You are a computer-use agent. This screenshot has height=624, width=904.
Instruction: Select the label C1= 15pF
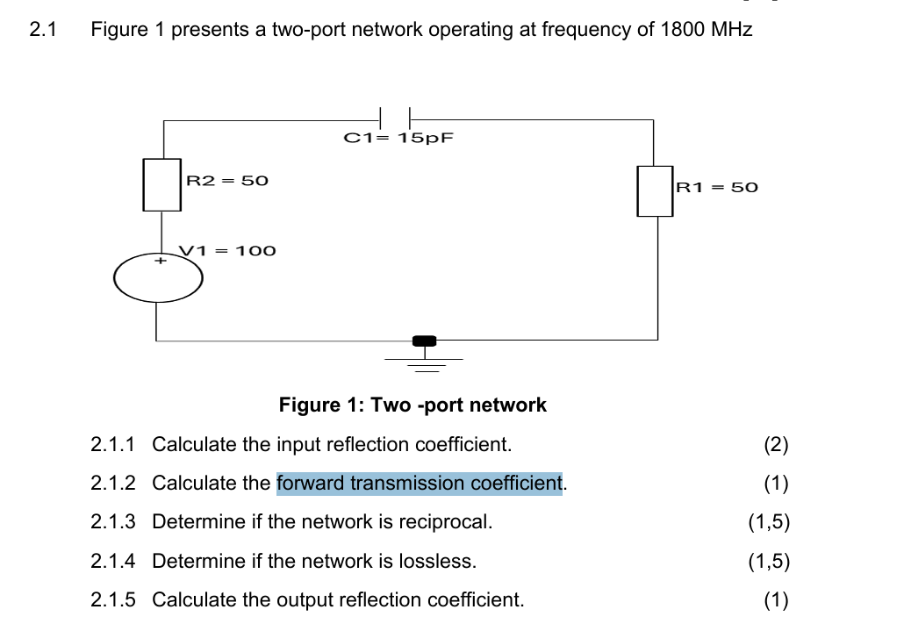point(398,138)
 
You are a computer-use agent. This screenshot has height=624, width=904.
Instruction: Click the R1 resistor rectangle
point(654,191)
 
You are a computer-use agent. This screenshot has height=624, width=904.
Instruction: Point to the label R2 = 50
point(227,180)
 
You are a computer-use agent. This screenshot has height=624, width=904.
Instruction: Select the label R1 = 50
point(716,187)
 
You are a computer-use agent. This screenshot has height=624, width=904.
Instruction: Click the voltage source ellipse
point(158,277)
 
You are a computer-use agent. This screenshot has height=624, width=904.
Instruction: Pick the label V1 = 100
point(228,251)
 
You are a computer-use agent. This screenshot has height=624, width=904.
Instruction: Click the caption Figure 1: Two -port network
point(413,405)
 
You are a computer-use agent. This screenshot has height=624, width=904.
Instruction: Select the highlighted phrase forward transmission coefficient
point(419,483)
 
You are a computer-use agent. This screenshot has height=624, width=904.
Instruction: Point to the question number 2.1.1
point(113,444)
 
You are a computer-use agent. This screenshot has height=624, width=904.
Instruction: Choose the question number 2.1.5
point(113,600)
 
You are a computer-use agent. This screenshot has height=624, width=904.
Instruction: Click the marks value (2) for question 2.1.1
point(776,444)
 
